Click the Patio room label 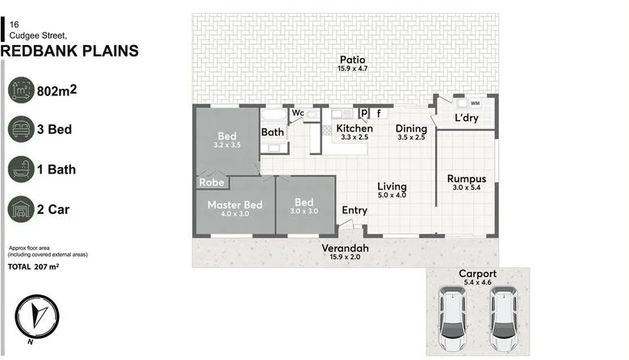(353, 60)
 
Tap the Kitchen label (354, 128)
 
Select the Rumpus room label (467, 179)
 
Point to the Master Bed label (235, 205)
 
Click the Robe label (212, 182)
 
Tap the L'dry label (467, 118)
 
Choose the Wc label (298, 113)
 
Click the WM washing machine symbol (475, 103)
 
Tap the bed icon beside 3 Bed (21, 129)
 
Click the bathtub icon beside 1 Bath (21, 170)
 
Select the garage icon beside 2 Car (21, 209)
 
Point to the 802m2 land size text (57, 90)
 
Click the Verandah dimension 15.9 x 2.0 (345, 257)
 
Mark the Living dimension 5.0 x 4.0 (392, 195)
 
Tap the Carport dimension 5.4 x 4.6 (478, 283)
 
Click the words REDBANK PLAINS (69, 52)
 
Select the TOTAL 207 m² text (33, 266)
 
